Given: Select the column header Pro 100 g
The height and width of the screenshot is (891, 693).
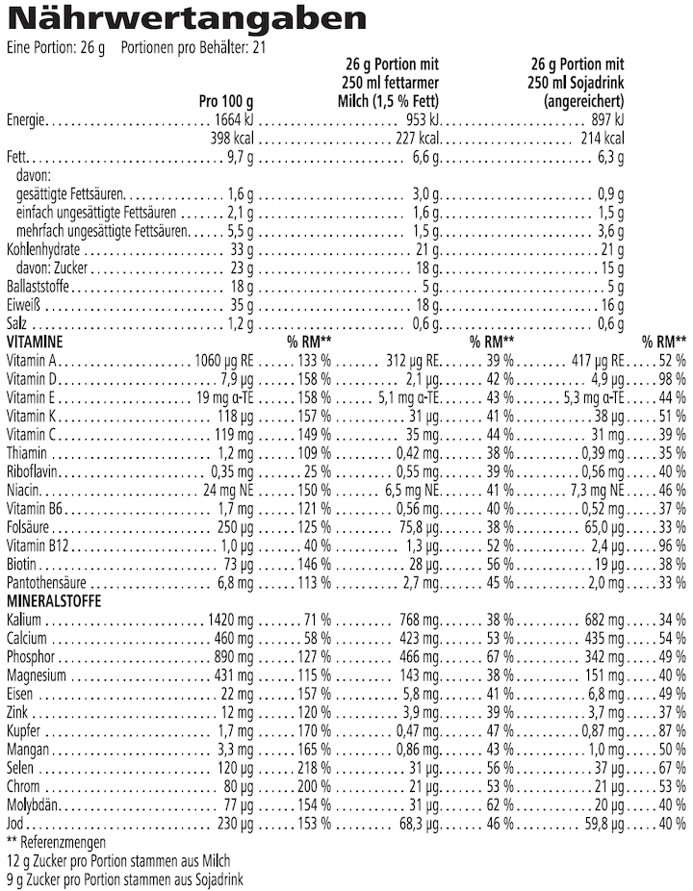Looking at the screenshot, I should [x=226, y=100].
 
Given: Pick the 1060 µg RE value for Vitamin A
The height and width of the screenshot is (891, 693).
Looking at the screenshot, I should [x=223, y=360].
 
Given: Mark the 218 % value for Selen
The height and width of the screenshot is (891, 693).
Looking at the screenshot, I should [x=314, y=768].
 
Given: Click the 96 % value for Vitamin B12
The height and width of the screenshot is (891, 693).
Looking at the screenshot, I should [x=671, y=546].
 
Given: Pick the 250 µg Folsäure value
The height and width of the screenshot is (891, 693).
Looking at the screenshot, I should [x=231, y=526].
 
